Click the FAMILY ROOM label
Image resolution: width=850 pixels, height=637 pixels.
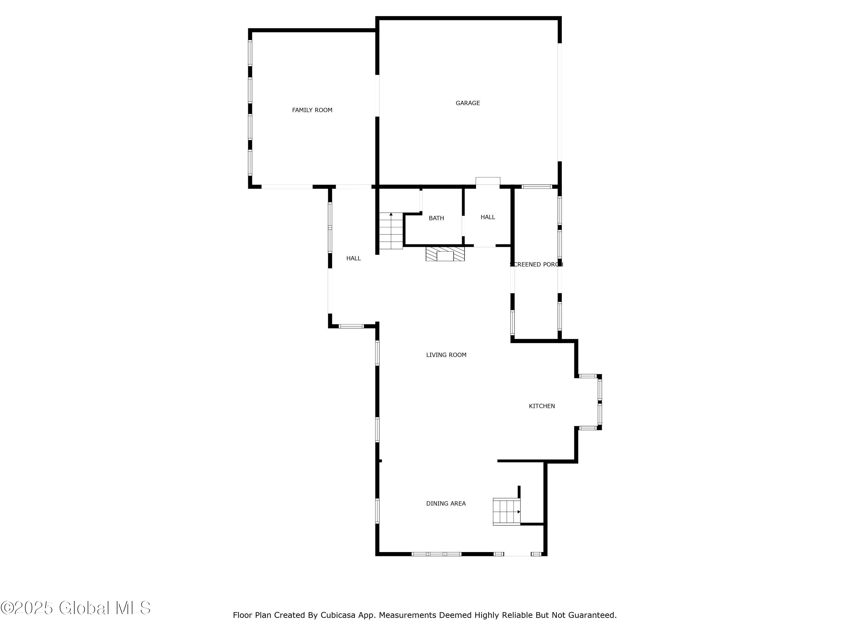pyautogui.click(x=312, y=110)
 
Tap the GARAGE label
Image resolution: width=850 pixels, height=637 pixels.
pyautogui.click(x=468, y=103)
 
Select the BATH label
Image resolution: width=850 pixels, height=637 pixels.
pyautogui.click(x=436, y=218)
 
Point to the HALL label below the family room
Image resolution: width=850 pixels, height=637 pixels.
pyautogui.click(x=353, y=258)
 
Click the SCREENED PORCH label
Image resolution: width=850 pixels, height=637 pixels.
pyautogui.click(x=536, y=264)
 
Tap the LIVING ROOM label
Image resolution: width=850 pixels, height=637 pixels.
pyautogui.click(x=446, y=355)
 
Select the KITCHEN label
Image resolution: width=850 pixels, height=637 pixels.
pyautogui.click(x=541, y=406)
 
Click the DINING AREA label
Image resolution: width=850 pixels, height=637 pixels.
pyautogui.click(x=446, y=503)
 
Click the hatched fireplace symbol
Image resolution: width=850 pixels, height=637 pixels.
pyautogui.click(x=445, y=254)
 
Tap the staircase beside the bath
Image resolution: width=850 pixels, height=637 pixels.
pyautogui.click(x=391, y=231)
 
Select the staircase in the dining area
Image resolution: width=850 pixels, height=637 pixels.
pyautogui.click(x=506, y=512)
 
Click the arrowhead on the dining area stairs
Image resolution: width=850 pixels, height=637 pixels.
pyautogui.click(x=518, y=512)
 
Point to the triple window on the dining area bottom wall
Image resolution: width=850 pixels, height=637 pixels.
pyautogui.click(x=436, y=554)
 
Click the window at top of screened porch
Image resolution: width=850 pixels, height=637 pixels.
pyautogui.click(x=536, y=187)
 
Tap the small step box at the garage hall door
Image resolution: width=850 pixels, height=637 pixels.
pyautogui.click(x=488, y=181)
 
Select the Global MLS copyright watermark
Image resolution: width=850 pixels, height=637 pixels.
pyautogui.click(x=76, y=608)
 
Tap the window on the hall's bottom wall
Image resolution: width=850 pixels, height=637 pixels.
pyautogui.click(x=351, y=326)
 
